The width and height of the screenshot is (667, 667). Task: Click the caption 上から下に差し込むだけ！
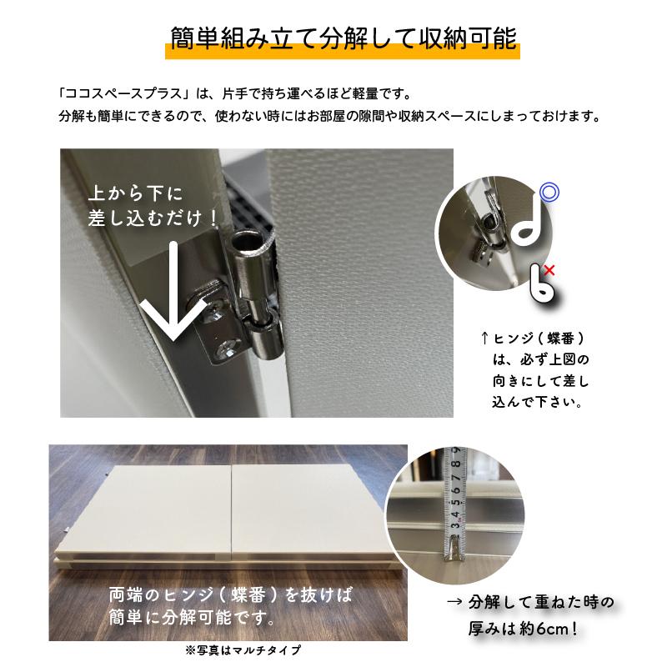155,206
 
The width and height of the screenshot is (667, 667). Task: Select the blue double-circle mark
548,193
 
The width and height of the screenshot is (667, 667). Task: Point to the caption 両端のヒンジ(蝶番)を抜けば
231,595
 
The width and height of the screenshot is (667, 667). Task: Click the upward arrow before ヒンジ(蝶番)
484,339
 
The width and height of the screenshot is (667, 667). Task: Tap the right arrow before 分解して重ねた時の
454,603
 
